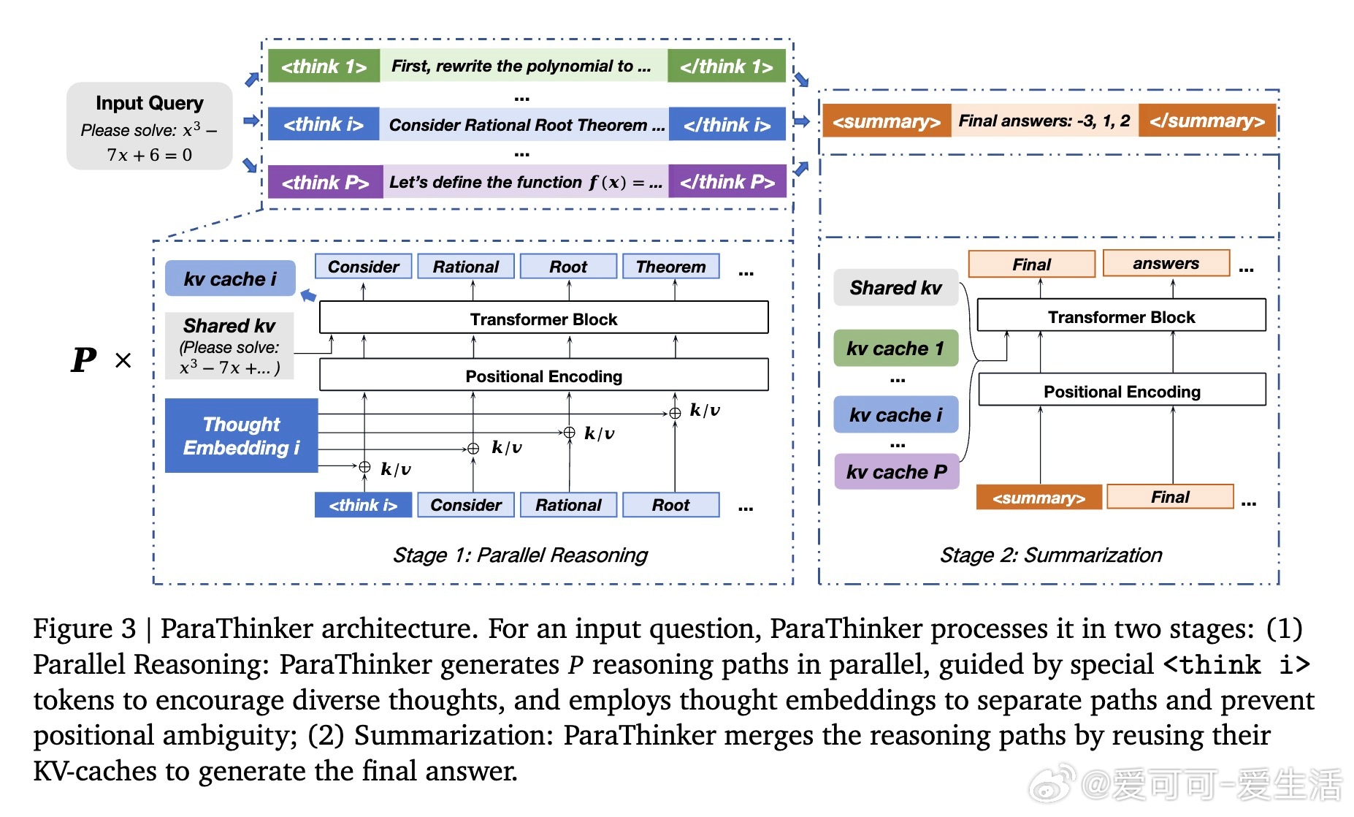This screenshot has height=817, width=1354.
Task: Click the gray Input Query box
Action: [149, 126]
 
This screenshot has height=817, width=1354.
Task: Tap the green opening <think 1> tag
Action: [324, 66]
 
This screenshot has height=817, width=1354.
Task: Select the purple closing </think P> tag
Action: [727, 181]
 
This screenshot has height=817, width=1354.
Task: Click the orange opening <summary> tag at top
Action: [887, 121]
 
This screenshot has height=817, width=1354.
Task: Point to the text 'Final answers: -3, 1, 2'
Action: [1044, 121]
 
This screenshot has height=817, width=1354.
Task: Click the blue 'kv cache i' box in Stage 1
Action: [230, 278]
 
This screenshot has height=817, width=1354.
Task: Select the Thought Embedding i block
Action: [241, 436]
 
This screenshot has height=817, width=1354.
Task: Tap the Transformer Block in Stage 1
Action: [544, 318]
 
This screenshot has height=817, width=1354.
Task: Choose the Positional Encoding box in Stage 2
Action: [1122, 390]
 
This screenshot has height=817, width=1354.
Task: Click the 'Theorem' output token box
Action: [670, 266]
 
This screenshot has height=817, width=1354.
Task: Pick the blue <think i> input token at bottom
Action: [363, 505]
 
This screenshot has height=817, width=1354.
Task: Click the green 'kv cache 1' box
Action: [896, 348]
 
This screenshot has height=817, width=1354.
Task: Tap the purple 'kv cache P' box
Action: [896, 471]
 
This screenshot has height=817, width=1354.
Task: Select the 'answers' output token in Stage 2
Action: [1166, 263]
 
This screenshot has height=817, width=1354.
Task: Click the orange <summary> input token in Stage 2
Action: [1039, 497]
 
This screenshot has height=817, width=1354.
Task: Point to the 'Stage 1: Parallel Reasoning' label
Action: [520, 555]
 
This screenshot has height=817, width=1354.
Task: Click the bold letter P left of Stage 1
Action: [84, 360]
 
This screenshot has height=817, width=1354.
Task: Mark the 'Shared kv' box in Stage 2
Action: [895, 287]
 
